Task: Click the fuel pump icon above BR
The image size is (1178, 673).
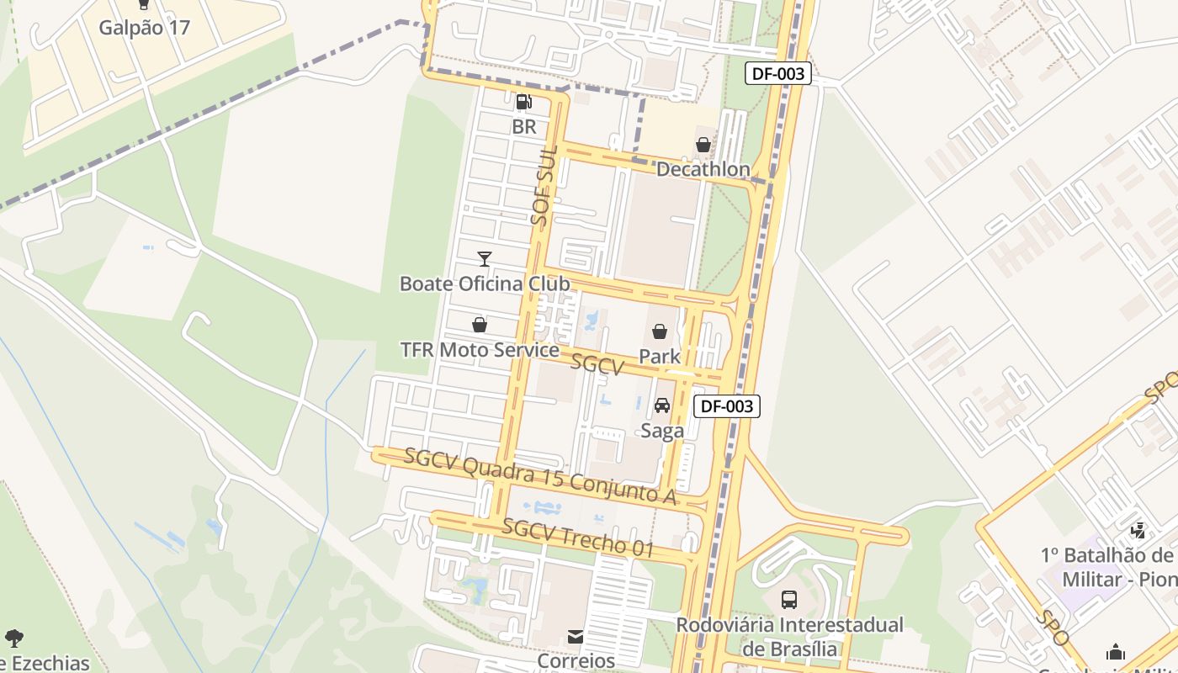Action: pos(523,103)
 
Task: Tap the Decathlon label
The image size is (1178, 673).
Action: pos(703,169)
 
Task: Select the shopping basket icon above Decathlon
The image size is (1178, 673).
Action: pos(703,145)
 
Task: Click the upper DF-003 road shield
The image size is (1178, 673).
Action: pos(778,74)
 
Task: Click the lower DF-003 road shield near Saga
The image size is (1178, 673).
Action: pos(727,406)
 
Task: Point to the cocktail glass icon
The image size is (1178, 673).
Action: pos(484,258)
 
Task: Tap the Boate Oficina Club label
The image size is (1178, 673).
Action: pos(484,284)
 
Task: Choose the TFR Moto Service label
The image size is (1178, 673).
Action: pos(480,350)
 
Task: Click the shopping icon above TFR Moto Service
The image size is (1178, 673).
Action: pos(480,325)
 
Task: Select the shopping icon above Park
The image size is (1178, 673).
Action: pos(660,331)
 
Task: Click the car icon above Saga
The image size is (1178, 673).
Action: pos(662,405)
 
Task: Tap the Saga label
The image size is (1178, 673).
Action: pos(662,431)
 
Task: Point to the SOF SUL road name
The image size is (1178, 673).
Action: pos(544,193)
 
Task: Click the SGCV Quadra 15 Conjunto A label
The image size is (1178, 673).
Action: pos(540,476)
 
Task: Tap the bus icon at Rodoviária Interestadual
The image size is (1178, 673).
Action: pos(789,600)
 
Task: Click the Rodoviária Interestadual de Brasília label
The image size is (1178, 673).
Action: pos(790,637)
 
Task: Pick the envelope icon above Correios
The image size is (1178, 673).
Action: pos(576,637)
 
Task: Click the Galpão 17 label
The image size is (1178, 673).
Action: pos(144,28)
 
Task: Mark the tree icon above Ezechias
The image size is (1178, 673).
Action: pos(14,638)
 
